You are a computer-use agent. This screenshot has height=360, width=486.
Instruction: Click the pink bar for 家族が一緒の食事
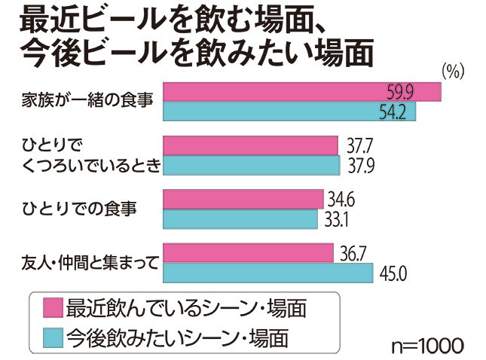(x=301, y=92)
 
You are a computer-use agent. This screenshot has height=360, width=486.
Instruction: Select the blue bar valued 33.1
(x=241, y=218)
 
